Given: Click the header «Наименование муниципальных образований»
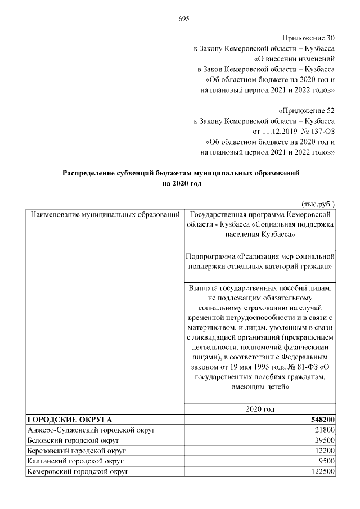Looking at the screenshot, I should (105, 215).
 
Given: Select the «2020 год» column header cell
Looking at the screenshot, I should (260, 409).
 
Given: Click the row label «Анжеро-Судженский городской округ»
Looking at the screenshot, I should (91, 430).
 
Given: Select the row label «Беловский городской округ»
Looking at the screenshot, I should (75, 440).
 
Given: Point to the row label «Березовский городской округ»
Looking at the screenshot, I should (79, 451).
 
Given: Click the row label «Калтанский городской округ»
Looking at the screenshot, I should (77, 461).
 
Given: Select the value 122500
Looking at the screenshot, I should (323, 472).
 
